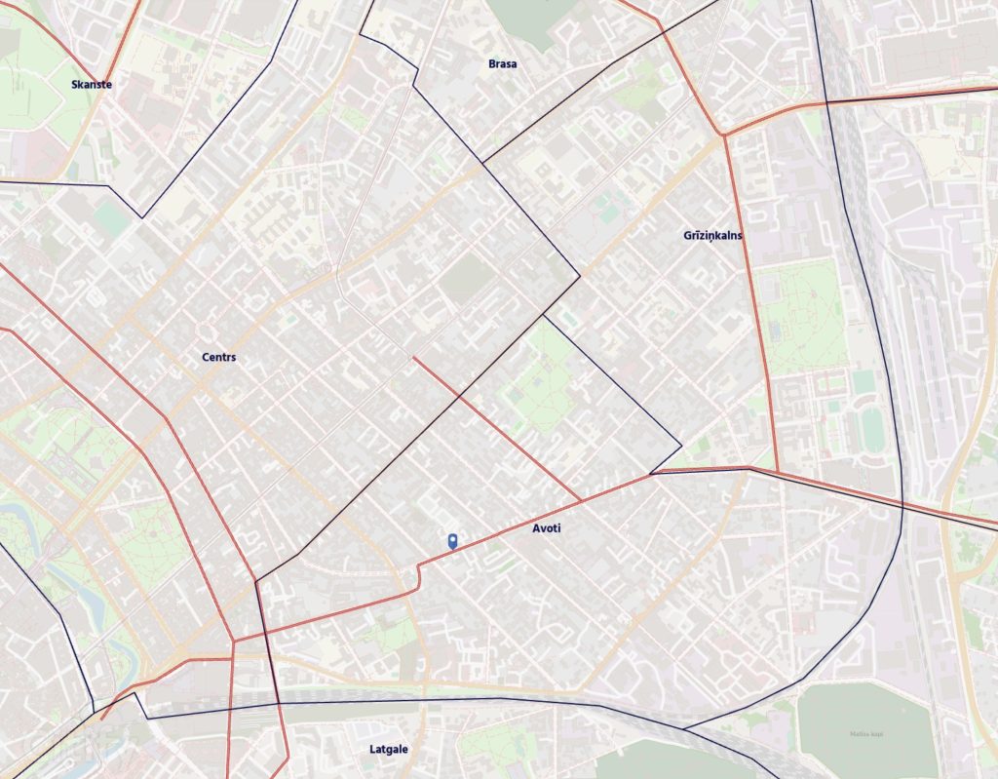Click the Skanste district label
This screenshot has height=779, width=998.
(x=92, y=85)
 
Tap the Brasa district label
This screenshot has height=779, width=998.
(x=503, y=64)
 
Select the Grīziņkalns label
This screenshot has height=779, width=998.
(x=713, y=236)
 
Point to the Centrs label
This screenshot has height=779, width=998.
(x=218, y=358)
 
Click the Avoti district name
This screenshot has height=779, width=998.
(x=547, y=528)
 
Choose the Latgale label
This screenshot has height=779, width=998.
(x=389, y=750)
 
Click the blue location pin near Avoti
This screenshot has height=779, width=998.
(x=453, y=541)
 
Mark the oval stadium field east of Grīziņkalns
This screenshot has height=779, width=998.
(x=871, y=429)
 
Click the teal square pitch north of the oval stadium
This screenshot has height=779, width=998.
(x=864, y=381)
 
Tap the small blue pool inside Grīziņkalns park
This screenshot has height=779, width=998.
(x=775, y=331)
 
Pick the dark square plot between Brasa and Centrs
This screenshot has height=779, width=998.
(x=466, y=280)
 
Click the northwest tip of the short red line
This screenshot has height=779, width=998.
(x=413, y=357)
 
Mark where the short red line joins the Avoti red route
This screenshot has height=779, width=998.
(x=582, y=502)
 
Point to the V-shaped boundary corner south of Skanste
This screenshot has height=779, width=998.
(x=142, y=217)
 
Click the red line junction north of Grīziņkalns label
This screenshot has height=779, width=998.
(x=723, y=136)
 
